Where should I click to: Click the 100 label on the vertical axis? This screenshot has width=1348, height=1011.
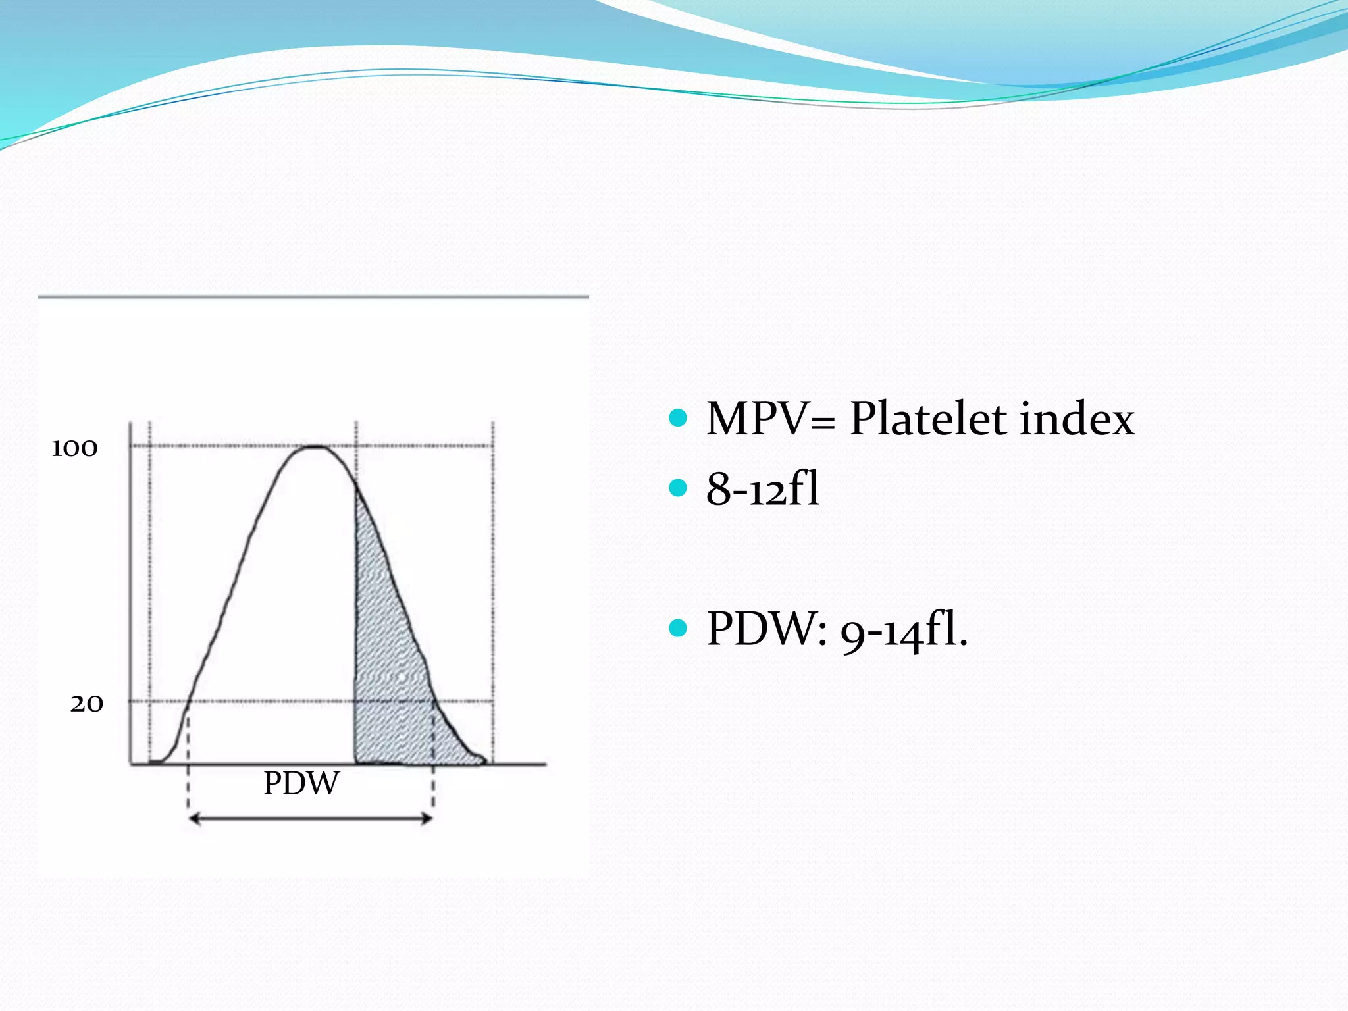point(74,448)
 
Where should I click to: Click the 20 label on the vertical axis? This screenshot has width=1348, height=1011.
point(87,704)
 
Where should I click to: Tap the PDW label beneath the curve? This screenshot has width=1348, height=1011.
point(301,783)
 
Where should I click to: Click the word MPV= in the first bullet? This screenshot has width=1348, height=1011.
point(770,419)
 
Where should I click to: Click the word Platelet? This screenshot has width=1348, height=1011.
point(928,419)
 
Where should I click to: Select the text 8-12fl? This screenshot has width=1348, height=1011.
point(763,489)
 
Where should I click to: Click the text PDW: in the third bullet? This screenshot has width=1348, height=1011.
point(766,629)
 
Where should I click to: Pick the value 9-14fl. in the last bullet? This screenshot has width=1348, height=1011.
point(904,631)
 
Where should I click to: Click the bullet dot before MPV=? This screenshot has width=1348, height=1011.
point(677,417)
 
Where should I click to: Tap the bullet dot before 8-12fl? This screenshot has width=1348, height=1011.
point(677,488)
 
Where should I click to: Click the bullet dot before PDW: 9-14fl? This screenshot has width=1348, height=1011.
point(677,628)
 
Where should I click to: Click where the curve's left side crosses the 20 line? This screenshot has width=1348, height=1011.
point(189,701)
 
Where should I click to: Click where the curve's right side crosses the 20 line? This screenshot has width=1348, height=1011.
point(434,701)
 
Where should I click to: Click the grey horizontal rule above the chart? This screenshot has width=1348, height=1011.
point(313,297)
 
